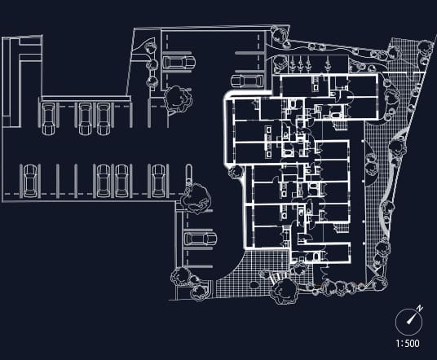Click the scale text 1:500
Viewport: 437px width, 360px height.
[x=408, y=343]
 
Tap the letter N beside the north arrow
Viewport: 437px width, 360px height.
[x=420, y=308]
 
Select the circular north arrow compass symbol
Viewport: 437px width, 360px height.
[x=408, y=322]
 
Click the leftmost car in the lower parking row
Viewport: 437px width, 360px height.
[x=30, y=181]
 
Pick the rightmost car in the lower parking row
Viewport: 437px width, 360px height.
[x=158, y=181]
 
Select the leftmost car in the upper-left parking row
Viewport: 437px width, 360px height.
[x=48, y=119]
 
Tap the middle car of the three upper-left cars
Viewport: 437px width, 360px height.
[x=85, y=119]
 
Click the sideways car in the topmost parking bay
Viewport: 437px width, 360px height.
[x=179, y=63]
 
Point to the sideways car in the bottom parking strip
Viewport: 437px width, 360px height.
[x=201, y=239]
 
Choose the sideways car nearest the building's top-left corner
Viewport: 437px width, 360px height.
[x=247, y=81]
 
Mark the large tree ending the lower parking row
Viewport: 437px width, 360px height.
[x=196, y=198]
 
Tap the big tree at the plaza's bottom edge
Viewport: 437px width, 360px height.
[x=284, y=291]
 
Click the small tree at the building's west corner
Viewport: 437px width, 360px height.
[x=236, y=172]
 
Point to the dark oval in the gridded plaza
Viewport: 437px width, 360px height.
[x=254, y=285]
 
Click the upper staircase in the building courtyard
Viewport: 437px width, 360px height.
[x=340, y=125]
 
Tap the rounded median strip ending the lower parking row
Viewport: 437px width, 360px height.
[x=188, y=175]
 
